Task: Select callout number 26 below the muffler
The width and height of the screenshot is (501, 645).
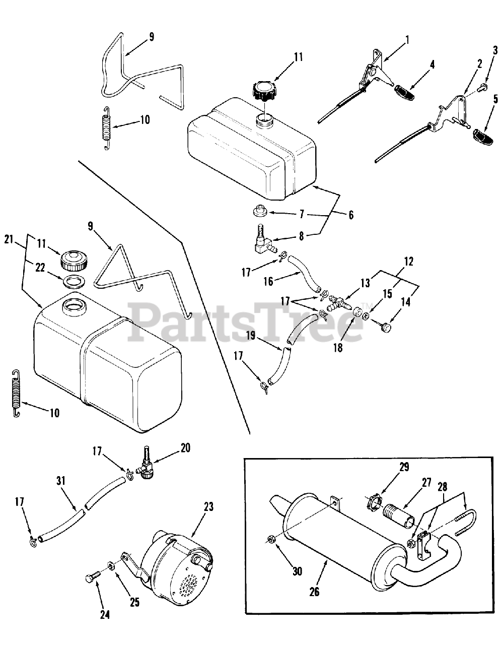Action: [x=315, y=592]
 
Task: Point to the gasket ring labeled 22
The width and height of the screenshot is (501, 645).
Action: [x=74, y=280]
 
